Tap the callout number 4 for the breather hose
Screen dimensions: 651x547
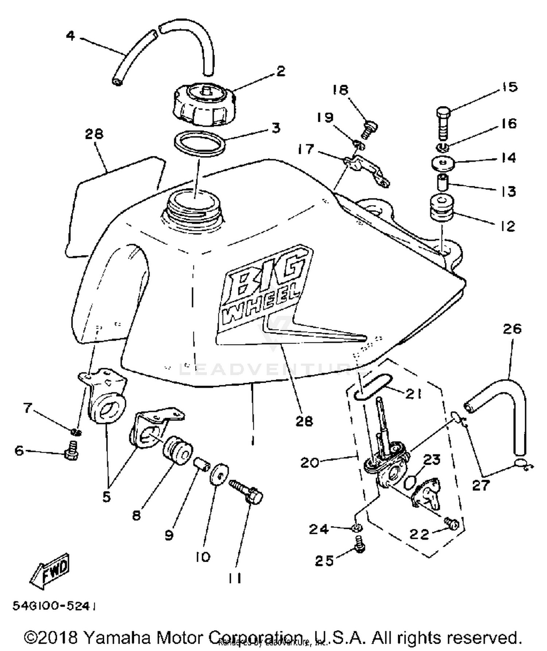[x=70, y=36]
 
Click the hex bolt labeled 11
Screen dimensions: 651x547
[x=248, y=492]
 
